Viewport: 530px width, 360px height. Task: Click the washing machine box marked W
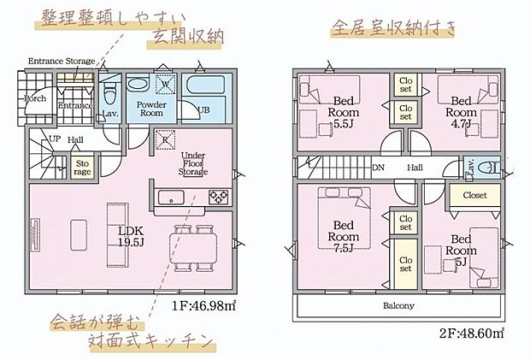click(167, 85)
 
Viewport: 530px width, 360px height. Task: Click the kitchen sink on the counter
click(174, 198)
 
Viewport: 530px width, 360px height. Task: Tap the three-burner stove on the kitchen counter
click(217, 198)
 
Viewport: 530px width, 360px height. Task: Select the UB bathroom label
click(204, 109)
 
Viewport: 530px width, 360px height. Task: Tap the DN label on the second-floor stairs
click(378, 168)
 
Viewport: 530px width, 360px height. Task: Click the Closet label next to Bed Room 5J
click(474, 196)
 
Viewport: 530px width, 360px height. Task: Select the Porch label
click(34, 98)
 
